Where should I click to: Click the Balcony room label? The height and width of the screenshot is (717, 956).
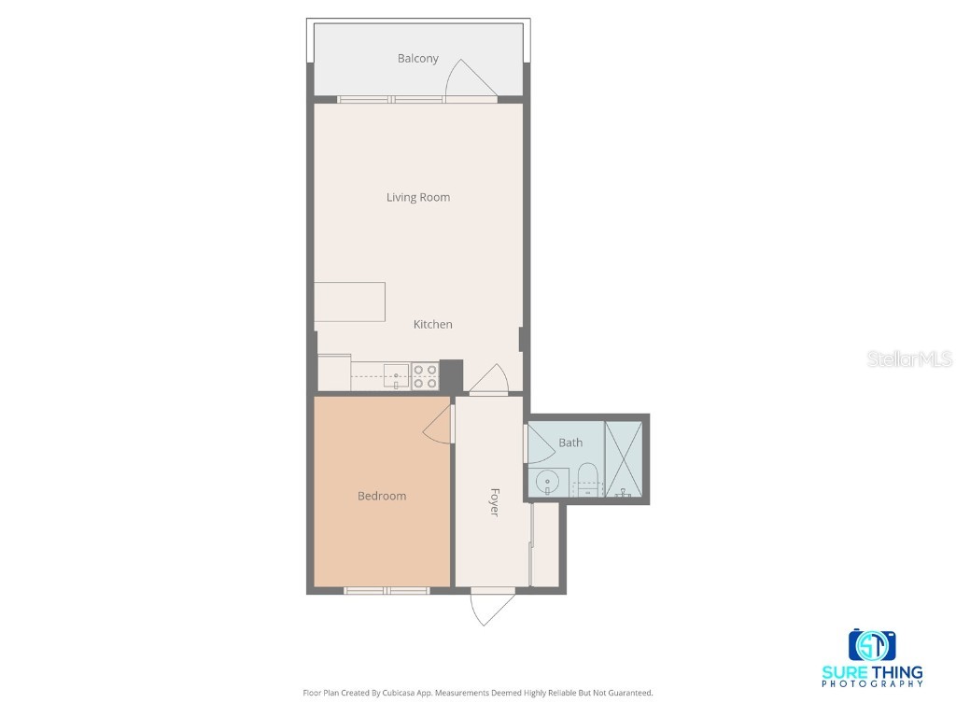coord(417,59)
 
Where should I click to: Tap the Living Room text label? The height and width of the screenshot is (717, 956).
coord(418,197)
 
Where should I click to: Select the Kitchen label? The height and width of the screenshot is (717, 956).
coord(433,324)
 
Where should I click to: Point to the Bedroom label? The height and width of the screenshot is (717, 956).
coord(382,496)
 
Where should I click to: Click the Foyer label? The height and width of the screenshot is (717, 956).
coord(494,501)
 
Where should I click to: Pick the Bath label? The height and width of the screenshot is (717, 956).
coord(570,443)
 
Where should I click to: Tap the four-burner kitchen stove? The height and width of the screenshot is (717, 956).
coord(425,376)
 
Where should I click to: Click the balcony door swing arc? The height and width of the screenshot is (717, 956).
coord(470,80)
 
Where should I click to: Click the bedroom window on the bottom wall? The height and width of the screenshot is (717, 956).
coord(386,590)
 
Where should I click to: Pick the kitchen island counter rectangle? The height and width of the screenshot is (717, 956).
coord(351,302)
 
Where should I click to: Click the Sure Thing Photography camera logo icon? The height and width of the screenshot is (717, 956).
coord(872,645)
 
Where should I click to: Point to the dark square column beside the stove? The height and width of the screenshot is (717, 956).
coord(452,374)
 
